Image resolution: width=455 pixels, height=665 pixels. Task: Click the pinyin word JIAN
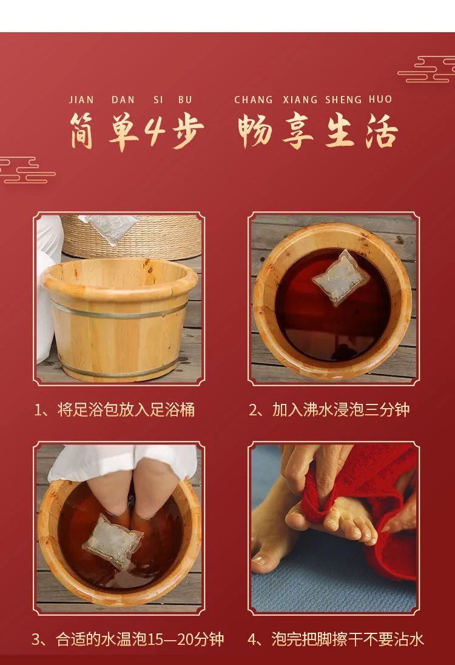tap(81, 100)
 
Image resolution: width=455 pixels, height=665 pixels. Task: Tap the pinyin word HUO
tap(380, 100)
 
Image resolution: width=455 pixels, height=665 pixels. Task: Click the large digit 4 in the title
tap(155, 130)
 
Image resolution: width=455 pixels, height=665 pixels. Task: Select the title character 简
tap(82, 131)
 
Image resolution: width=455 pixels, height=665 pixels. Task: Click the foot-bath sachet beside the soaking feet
tap(113, 541)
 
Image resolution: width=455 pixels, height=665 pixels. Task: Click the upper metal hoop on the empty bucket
tap(120, 310)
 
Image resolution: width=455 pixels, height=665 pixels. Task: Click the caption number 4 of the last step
tap(252, 639)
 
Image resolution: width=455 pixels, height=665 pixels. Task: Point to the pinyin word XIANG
tap(300, 100)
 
